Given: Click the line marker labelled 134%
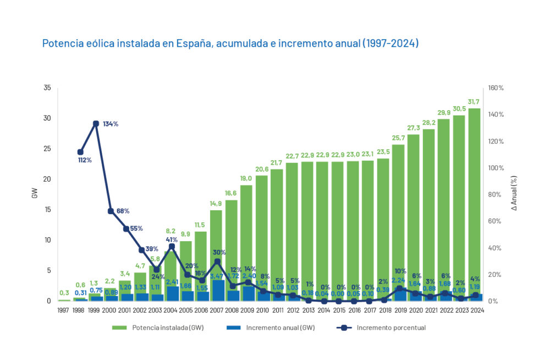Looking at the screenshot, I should (96, 123).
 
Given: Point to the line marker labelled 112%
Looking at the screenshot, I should (81, 152).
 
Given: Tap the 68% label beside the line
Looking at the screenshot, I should (123, 211).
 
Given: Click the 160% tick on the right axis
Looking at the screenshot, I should (496, 88).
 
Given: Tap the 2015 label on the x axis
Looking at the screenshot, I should (338, 310).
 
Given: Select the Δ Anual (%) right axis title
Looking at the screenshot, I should (514, 194).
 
